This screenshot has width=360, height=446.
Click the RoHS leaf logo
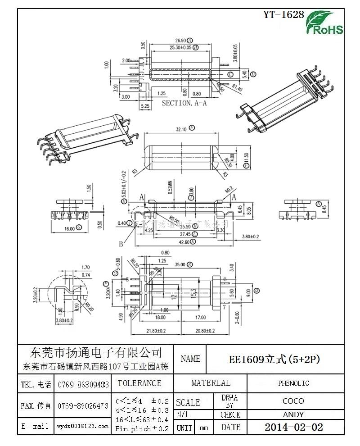[x=324, y=23]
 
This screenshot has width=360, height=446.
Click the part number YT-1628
[x=283, y=14]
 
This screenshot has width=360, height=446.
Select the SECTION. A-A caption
[x=184, y=103]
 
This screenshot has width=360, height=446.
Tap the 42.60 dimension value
[x=184, y=241]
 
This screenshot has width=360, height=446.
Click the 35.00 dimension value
[x=180, y=264]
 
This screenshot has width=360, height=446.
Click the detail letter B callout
[x=121, y=244]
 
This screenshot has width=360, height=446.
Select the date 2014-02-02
[x=293, y=427]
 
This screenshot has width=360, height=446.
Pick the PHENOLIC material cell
[x=293, y=383]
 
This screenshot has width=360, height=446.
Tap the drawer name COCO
[x=293, y=401]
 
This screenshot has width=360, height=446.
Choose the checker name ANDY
[x=293, y=414]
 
